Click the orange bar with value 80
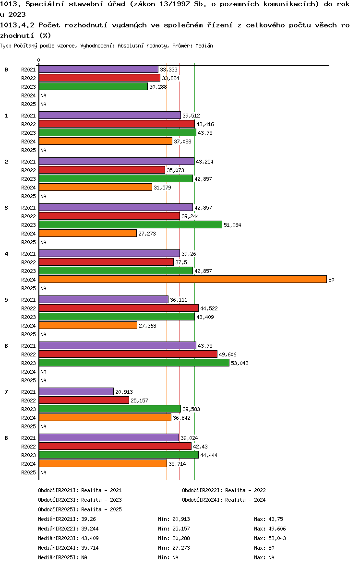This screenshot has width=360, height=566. point(183,279)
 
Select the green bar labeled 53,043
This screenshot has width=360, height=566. point(134,363)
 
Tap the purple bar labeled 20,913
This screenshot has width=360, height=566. point(76,392)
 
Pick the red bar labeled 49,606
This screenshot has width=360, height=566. point(128,354)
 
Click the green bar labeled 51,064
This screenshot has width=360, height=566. point(131,224)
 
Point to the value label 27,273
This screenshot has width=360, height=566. point(147,234)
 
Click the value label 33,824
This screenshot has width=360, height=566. point(170,78)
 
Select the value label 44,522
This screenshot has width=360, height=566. point(209,308)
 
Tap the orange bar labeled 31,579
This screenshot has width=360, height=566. point(96,188)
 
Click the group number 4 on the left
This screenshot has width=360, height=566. point(6,254)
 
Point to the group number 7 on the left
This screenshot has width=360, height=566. point(6,392)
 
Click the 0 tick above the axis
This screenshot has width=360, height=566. point(38,60)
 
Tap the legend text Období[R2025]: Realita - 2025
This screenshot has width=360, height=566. point(80,509)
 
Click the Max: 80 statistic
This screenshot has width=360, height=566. point(264,548)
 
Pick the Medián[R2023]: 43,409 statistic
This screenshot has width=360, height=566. point(68,538)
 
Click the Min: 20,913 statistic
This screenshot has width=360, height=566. point(174,519)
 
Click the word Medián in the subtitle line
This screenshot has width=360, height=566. point(204,46)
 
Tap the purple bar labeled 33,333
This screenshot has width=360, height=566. point(98,69)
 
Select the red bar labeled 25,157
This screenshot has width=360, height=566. point(84,401)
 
